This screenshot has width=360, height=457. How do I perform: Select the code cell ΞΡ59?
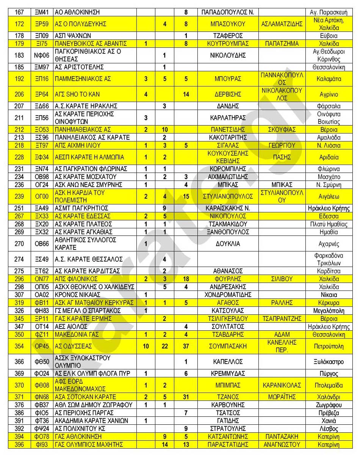tap(42, 24)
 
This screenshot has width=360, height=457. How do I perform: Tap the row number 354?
tap(19, 346)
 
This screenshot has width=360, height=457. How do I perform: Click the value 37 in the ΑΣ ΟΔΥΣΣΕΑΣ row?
tap(186, 346)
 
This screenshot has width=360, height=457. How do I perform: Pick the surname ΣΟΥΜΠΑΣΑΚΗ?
tap(228, 346)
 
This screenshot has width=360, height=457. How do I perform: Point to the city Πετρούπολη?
tap(329, 346)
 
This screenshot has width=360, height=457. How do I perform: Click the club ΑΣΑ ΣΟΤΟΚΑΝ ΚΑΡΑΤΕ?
tap(86, 397)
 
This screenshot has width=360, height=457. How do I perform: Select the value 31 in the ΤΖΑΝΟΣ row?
tap(186, 397)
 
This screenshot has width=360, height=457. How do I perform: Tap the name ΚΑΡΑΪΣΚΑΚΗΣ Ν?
tap(228, 208)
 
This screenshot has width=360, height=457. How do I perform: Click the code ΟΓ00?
tap(42, 196)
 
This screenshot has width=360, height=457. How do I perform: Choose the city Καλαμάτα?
tap(329, 79)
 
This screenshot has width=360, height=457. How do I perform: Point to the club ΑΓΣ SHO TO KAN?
tap(77, 94)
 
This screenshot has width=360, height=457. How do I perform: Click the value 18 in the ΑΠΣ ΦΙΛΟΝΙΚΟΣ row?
tap(186, 279)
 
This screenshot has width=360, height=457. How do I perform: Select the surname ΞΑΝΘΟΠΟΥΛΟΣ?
tap(228, 232)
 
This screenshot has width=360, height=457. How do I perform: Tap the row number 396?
tap(19, 444)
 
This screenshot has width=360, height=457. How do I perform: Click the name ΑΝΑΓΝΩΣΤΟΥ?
tap(282, 444)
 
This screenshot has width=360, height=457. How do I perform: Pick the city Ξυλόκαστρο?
tap(329, 362)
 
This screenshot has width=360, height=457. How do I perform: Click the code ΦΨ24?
tap(42, 429)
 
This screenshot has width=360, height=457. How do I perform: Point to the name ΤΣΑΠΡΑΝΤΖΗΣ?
tap(282, 319)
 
